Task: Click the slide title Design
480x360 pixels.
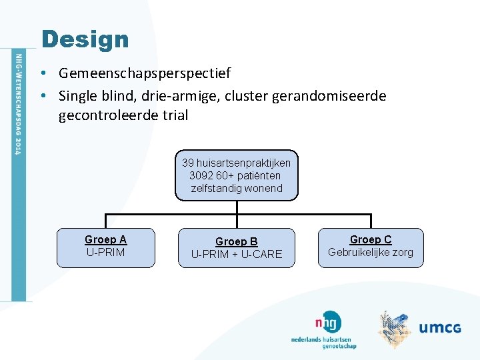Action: [85, 39]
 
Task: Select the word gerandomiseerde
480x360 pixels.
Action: [329, 96]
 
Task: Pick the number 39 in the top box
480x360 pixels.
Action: [187, 163]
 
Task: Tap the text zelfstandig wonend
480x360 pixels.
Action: [237, 188]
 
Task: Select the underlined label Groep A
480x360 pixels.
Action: [105, 239]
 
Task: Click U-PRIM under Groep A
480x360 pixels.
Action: [105, 252]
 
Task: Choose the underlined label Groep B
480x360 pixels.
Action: [236, 241]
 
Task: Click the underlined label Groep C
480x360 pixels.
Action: [371, 239]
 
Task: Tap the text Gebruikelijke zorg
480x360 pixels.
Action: [371, 252]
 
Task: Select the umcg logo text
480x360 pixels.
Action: [440, 327]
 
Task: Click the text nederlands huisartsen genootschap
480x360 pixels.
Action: [323, 342]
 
